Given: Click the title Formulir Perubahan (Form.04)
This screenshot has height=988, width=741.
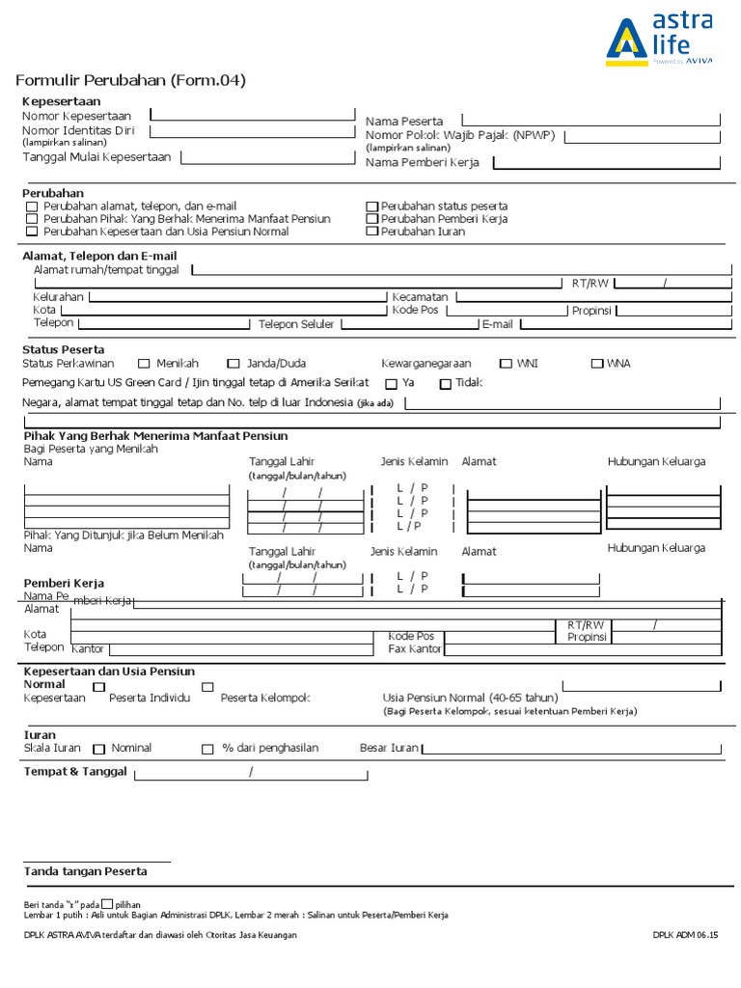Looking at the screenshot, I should click(131, 80).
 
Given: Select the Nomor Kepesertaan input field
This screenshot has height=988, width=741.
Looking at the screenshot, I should click(253, 114).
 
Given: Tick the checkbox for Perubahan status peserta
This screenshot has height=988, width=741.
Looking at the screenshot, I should click(372, 206).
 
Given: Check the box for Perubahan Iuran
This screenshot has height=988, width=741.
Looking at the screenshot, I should click(372, 232).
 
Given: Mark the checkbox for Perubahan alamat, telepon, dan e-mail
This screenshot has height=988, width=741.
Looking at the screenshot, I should click(33, 206).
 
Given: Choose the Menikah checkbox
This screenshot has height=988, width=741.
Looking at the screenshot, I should click(144, 364).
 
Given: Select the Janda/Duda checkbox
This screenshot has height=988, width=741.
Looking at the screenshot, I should click(233, 364).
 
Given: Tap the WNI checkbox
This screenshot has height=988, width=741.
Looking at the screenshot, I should click(506, 364).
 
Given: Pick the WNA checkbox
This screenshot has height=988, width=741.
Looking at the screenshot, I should click(596, 364).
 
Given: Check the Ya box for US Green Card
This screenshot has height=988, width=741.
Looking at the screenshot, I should click(391, 384).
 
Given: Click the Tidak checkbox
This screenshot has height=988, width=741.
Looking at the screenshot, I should click(445, 384).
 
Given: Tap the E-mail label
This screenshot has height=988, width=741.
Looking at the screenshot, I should click(498, 325).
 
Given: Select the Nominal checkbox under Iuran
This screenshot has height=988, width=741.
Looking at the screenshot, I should click(99, 749).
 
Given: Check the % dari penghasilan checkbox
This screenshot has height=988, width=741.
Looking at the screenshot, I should click(207, 749).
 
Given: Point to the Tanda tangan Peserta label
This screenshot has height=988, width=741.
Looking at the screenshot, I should click(86, 871).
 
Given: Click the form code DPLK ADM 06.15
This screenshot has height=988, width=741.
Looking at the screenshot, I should click(686, 935).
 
